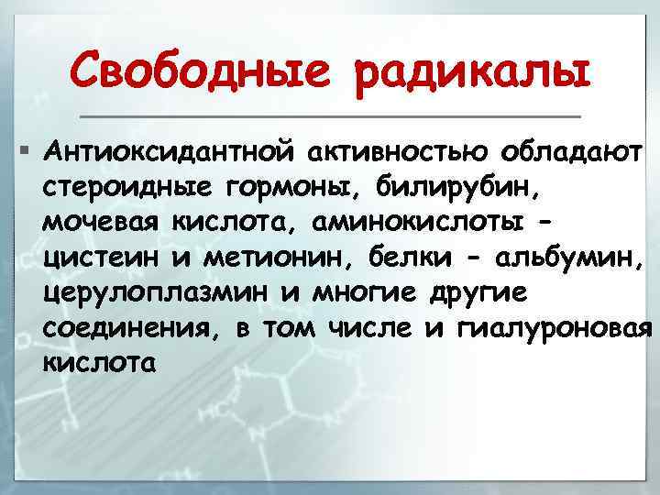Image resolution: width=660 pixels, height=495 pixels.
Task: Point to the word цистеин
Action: coord(99,258)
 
